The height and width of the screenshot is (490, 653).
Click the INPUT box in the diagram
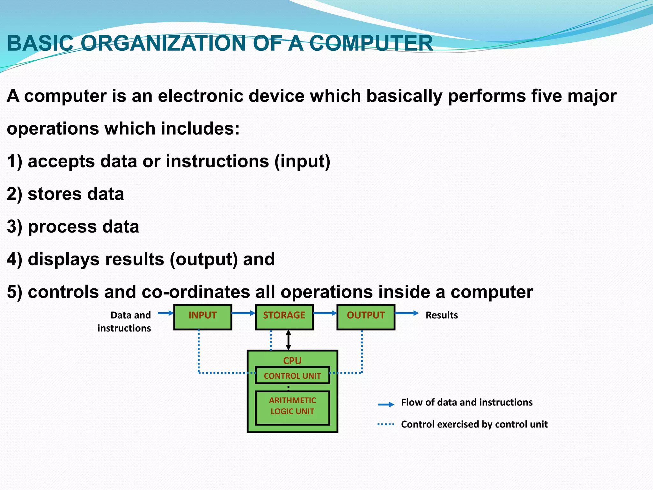[202, 317]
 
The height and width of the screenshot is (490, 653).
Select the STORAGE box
[284, 317]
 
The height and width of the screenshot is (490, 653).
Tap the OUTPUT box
[366, 317]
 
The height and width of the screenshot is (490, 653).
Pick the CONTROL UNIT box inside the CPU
[292, 375]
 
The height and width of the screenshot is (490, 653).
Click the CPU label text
[292, 360]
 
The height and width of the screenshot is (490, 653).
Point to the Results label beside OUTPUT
[442, 315]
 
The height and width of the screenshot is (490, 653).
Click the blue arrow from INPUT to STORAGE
[243, 313]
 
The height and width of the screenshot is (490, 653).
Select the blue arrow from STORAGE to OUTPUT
[325, 313]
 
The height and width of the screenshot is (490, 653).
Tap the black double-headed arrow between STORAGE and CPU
[289, 340]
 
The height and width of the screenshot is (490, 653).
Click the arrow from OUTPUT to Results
[407, 313]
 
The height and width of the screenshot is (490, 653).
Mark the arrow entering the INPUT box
[165, 313]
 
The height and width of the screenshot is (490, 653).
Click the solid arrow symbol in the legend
[386, 405]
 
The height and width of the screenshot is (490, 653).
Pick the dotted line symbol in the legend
[386, 425]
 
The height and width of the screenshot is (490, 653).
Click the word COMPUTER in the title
[371, 43]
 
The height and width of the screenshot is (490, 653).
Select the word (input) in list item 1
[302, 161]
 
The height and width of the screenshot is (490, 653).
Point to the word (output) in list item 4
[203, 259]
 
